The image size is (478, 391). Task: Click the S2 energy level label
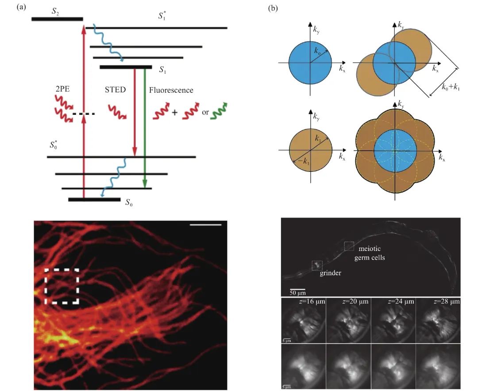click(x=55, y=11)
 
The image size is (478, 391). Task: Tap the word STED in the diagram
click(x=115, y=89)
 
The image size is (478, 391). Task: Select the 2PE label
click(x=62, y=89)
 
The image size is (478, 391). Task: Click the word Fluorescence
click(x=171, y=91)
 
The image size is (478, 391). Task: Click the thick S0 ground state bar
click(x=94, y=200)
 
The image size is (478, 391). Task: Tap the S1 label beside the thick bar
click(x=162, y=70)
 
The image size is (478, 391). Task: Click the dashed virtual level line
click(x=84, y=114)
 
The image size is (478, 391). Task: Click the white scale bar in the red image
click(x=205, y=225)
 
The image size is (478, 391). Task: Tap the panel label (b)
click(x=273, y=8)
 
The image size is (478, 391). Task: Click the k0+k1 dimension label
click(x=451, y=87)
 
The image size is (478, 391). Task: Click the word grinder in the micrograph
click(x=330, y=273)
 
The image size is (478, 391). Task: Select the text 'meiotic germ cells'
click(x=370, y=253)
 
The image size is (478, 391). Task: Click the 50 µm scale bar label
click(x=297, y=293)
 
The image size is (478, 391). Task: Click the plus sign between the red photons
click(x=174, y=112)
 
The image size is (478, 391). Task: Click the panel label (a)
click(x=21, y=8)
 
